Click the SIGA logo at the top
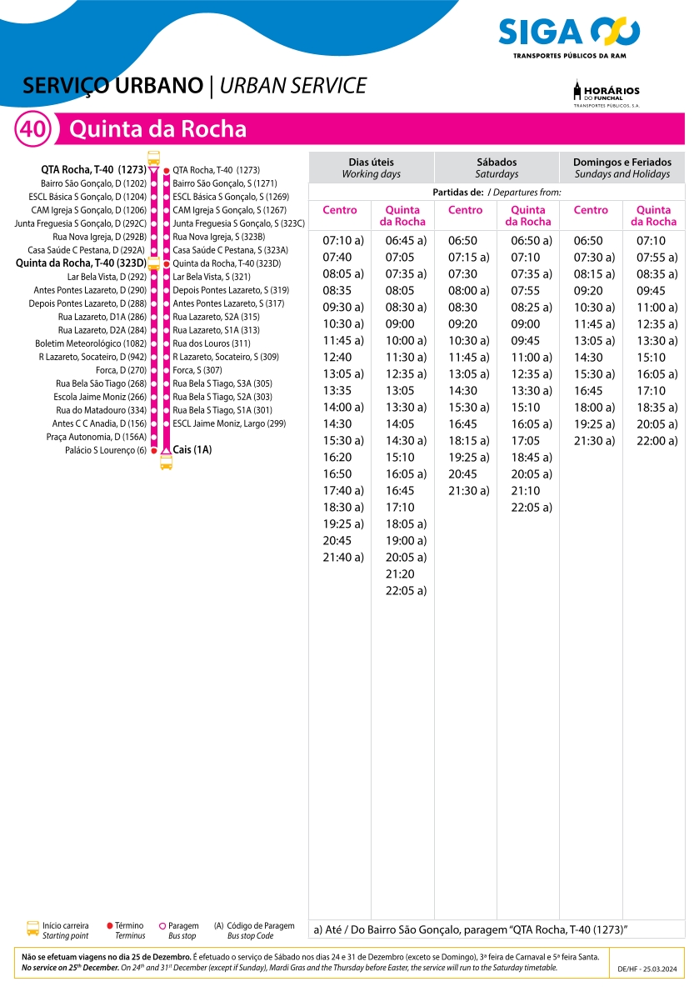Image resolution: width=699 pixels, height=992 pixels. point(569,35)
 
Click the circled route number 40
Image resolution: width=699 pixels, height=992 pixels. point(33,130)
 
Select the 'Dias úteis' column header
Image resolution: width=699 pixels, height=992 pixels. point(371,168)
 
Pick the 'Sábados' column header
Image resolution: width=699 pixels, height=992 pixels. point(497,168)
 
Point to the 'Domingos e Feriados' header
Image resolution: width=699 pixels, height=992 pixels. point(622,168)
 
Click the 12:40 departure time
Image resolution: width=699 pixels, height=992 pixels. point(337,358)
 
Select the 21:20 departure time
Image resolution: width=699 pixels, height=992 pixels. point(400,574)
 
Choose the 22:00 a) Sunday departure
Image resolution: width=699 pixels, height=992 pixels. point(657,441)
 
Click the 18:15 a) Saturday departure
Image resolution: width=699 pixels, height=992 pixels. point(468,441)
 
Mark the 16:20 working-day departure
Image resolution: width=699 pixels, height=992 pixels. point(337,458)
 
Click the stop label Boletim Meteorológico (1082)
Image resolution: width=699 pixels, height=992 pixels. point(91,343)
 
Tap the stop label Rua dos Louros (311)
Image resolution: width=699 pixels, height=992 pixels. point(212,343)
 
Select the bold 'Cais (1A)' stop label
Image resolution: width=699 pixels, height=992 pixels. point(192,450)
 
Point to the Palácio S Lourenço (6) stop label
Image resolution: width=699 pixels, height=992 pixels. point(106,450)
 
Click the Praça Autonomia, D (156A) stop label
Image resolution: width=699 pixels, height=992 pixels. point(97,437)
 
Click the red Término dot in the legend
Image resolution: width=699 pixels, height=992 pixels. point(110,926)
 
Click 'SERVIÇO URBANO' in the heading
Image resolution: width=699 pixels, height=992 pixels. point(113,86)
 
